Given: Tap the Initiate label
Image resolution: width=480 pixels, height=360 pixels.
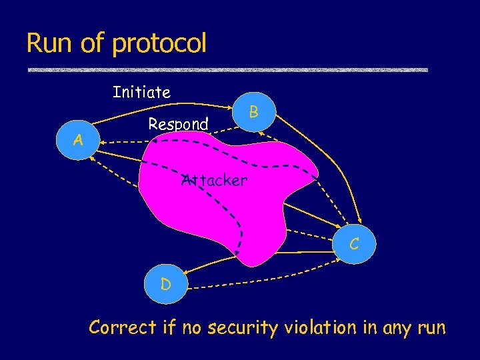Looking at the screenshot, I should [141, 92].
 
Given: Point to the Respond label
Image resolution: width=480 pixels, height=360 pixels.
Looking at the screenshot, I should [178, 124].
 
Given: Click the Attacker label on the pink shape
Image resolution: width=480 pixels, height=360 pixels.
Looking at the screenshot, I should [214, 180].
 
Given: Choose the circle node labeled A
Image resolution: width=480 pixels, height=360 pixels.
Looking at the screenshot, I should [79, 140].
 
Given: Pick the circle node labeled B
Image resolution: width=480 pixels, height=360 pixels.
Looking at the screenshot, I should [254, 111].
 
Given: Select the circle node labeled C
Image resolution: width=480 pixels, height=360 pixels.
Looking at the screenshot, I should [355, 244].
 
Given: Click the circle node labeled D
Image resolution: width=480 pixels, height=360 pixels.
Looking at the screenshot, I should [165, 284].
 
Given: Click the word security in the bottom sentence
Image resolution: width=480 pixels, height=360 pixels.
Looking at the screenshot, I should [245, 328].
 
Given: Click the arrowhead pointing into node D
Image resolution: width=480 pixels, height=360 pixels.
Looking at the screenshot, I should [185, 272].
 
